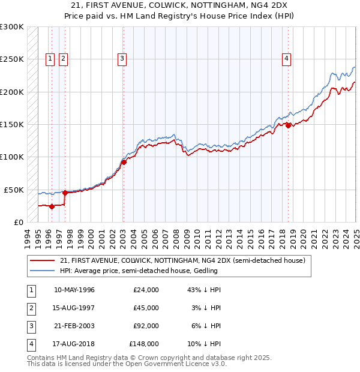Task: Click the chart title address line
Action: [x=180, y=7]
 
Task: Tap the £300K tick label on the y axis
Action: [x=12, y=27]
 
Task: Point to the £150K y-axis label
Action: [x=12, y=125]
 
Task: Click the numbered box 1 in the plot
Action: [x=49, y=58]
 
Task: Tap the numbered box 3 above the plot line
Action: [x=122, y=58]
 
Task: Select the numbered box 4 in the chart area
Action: [x=287, y=58]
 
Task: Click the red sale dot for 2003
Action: [x=124, y=162]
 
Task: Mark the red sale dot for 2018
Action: [x=288, y=125]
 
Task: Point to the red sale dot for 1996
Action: [x=52, y=206]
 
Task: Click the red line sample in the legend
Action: [x=43, y=260]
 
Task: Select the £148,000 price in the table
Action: [x=144, y=344]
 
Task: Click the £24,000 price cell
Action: [x=146, y=290]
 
